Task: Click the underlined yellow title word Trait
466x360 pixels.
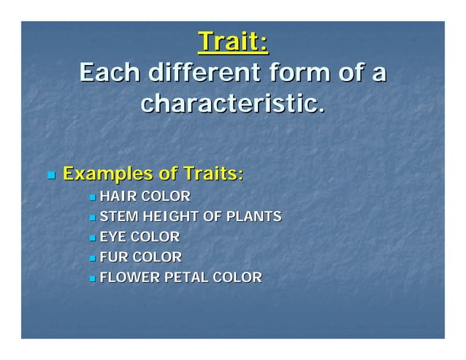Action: [228, 42]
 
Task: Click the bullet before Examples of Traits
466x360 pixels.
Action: [50, 176]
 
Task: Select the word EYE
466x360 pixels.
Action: [113, 237]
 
